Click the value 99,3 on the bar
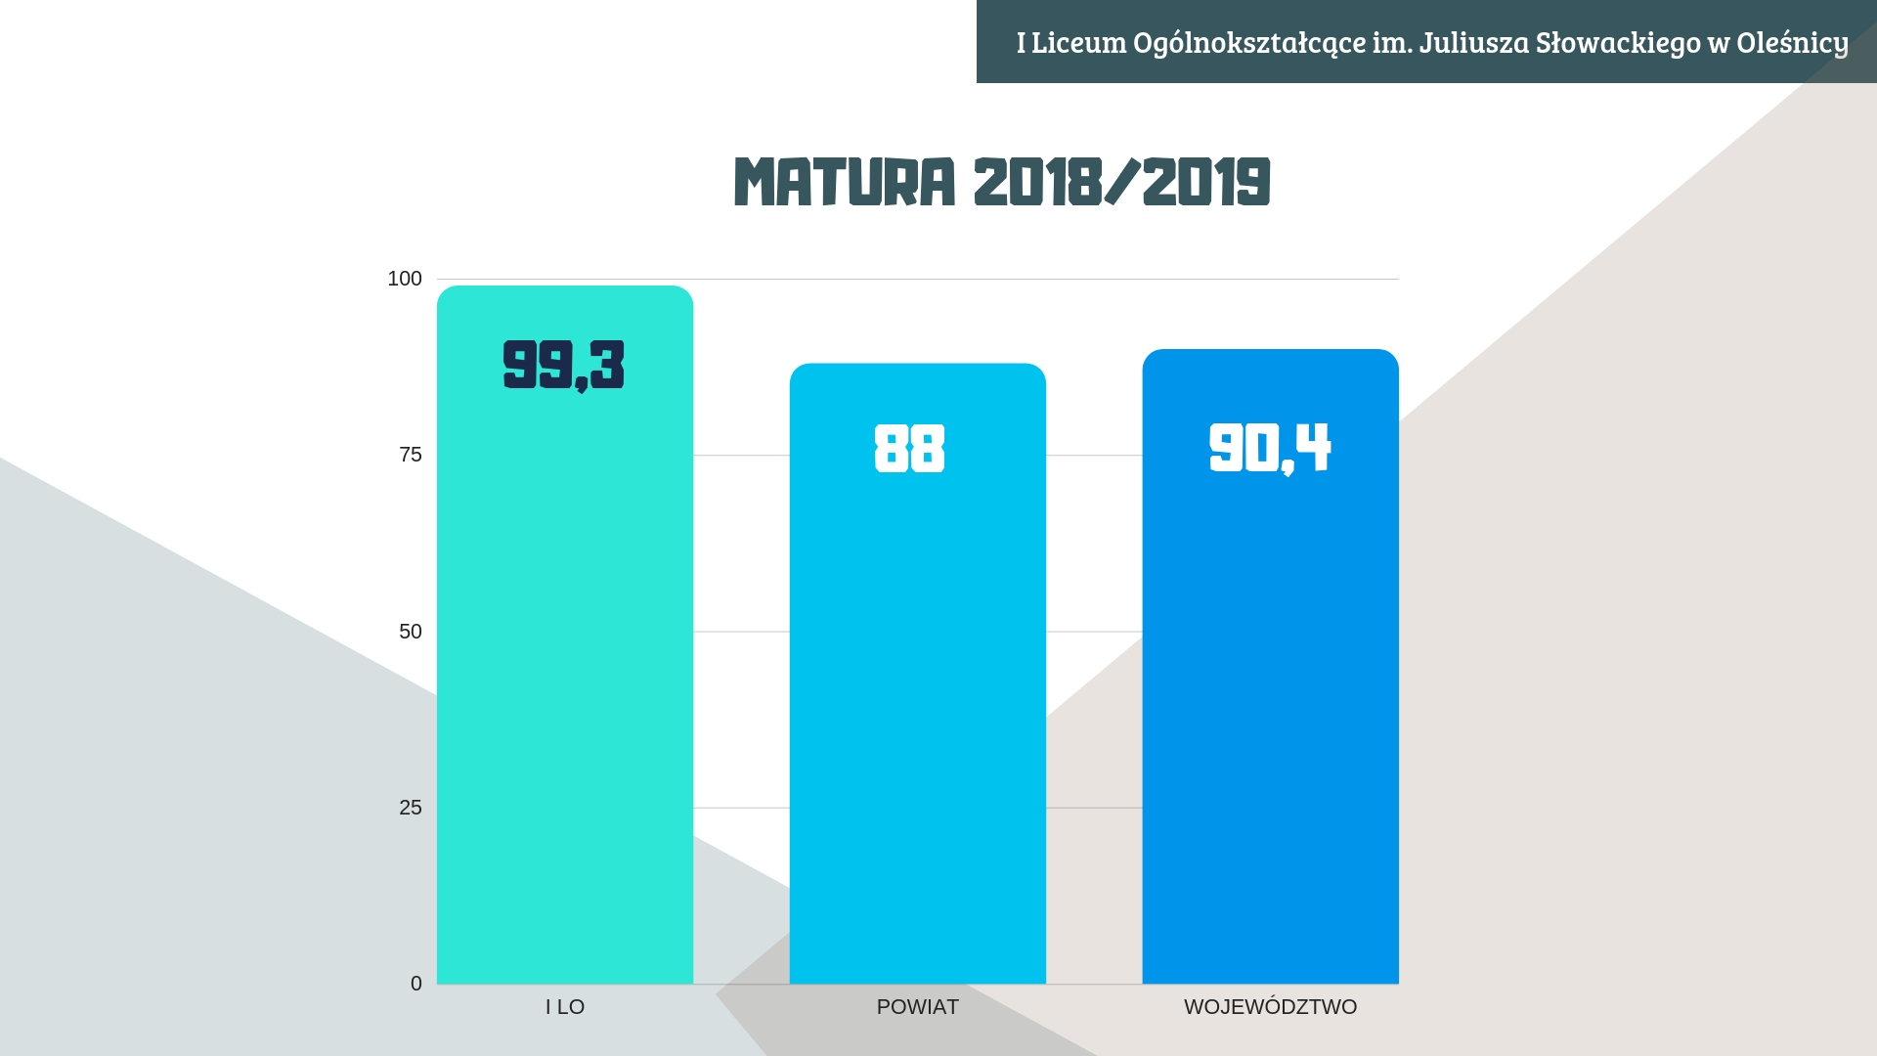tap(563, 365)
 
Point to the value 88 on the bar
tap(909, 449)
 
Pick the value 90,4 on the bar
tap(1270, 449)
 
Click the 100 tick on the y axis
tap(405, 279)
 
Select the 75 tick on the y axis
tap(411, 455)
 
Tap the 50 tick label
tap(411, 632)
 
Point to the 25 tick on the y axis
tap(411, 808)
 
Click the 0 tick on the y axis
tap(416, 984)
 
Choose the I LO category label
tap(565, 1007)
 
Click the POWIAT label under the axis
tap(917, 1007)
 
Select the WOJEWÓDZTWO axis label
tap(1270, 1007)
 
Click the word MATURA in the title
tap(845, 182)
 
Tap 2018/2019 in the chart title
tap(1121, 182)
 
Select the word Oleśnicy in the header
tap(1792, 43)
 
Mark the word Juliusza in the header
tap(1473, 43)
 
